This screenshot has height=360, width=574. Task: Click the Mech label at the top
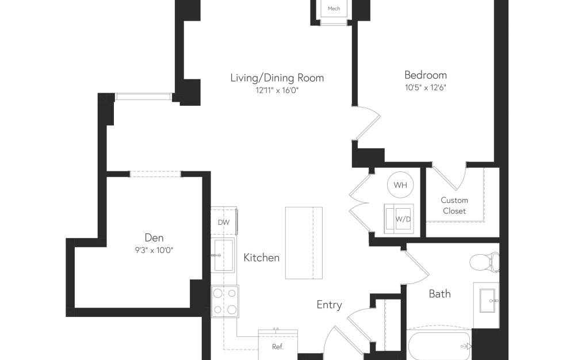coord(334,9)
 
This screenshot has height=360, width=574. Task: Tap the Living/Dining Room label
coord(277,78)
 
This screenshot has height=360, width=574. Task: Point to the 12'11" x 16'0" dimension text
coord(277,90)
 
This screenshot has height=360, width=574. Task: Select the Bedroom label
coord(425,75)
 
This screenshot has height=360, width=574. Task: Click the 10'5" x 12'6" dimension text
coord(425,88)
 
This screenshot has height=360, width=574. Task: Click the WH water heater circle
coord(400,185)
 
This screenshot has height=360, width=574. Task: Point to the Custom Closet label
coord(454,205)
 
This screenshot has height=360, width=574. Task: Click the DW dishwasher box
coord(224,222)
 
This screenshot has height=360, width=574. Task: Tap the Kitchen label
coord(261,258)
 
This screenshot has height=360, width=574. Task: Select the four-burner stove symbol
coord(224,301)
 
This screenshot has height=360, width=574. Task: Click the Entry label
coord(329,305)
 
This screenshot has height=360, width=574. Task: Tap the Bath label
coord(439,294)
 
